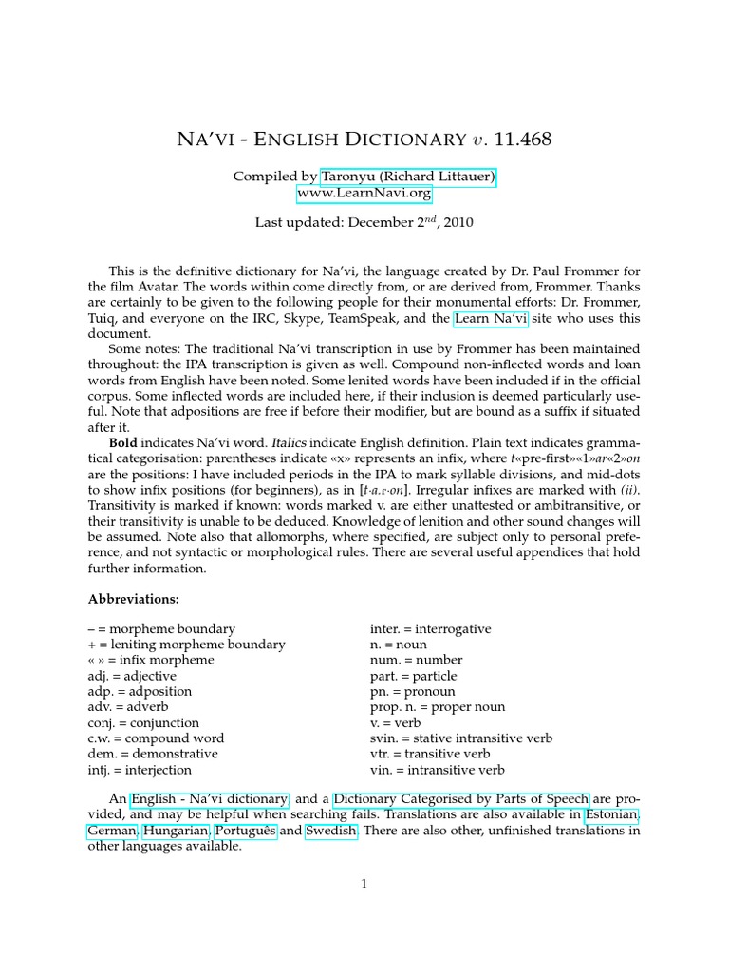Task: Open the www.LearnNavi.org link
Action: [x=364, y=194]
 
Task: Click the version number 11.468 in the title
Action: [x=518, y=140]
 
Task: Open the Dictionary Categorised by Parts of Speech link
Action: [x=461, y=800]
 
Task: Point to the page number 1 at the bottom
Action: [x=364, y=885]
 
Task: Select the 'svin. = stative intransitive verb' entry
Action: [x=461, y=738]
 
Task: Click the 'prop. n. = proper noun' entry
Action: [x=438, y=707]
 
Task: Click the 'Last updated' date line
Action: [x=364, y=223]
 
